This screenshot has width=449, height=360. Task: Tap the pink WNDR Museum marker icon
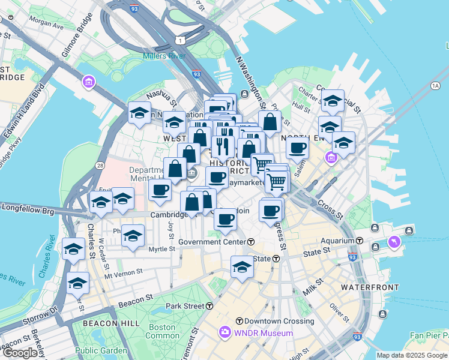click(225, 332)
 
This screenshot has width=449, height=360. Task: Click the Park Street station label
click(185, 306)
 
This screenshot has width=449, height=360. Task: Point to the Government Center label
click(212, 241)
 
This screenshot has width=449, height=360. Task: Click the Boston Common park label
click(161, 332)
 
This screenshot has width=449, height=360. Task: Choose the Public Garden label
click(101, 350)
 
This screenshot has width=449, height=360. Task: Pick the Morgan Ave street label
click(46, 25)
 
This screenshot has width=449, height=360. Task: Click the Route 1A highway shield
click(435, 86)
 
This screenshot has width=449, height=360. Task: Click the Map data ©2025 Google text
click(412, 355)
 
